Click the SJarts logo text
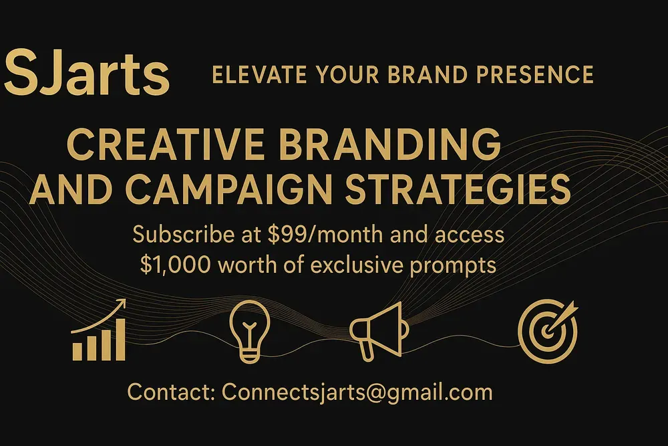[x=87, y=74]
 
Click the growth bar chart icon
[x=99, y=336]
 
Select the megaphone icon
[x=377, y=330]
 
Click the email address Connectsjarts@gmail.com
[x=357, y=392]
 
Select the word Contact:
[x=171, y=392]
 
